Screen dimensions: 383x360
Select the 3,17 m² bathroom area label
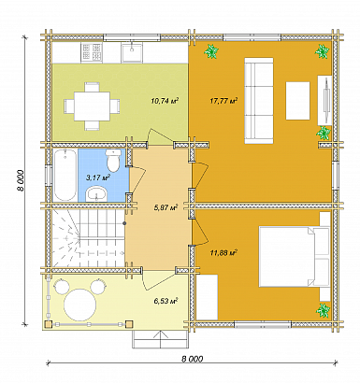coord(97,176)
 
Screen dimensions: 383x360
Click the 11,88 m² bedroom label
coord(224,252)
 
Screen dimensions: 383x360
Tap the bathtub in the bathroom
coord(64,174)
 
